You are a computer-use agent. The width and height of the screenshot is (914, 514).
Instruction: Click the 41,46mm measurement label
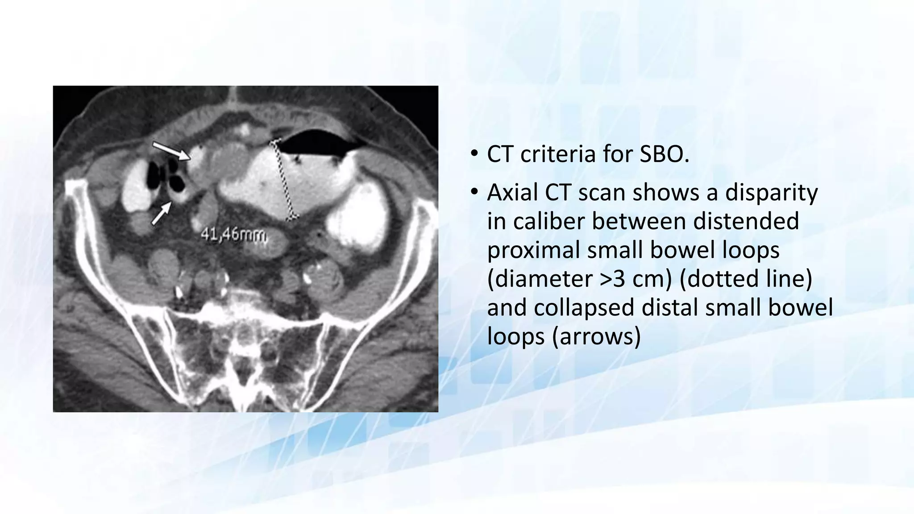pos(234,234)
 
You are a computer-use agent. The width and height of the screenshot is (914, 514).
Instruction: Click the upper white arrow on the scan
pos(172,151)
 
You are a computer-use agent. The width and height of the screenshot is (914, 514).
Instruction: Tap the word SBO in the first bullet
pos(665,154)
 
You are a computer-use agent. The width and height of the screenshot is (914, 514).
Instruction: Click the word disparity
pos(771,193)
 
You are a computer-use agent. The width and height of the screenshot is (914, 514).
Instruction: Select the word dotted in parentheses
pos(720,279)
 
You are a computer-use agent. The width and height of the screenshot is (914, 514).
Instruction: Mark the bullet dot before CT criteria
pos(474,155)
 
